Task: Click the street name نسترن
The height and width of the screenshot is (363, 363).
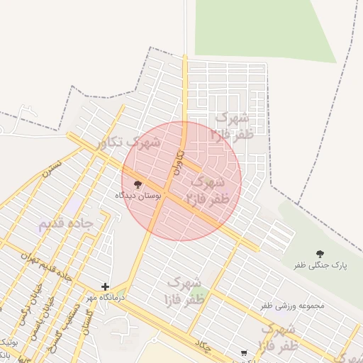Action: coord(52,167)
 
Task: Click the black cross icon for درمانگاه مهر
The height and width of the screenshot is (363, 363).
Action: coord(106,287)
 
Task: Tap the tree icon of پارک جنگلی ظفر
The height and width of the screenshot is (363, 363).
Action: coord(320,253)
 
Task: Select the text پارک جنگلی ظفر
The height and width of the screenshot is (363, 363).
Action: coord(321,265)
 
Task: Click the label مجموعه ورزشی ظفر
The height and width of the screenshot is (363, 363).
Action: coord(291,306)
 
